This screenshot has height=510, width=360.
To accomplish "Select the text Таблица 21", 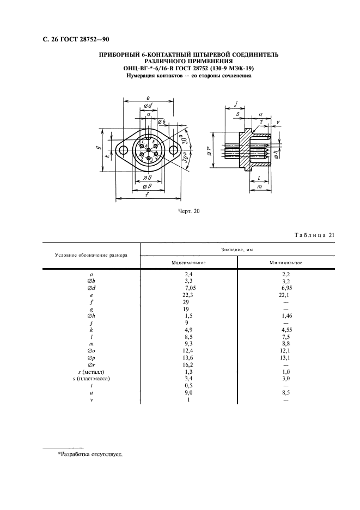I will tap(315, 235).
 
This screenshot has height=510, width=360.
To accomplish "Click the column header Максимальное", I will tap(188, 262).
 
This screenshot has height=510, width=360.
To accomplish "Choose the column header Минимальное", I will tap(285, 262).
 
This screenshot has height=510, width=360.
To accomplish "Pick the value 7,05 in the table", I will tap(189, 287).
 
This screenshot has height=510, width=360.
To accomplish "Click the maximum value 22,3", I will tap(189, 293).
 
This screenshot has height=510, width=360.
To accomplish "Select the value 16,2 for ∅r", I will tap(189, 364).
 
